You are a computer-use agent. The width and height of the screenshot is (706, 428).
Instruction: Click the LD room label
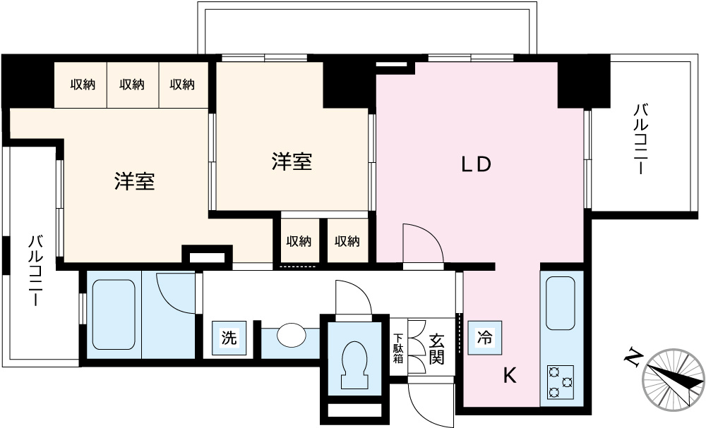tap(476, 164)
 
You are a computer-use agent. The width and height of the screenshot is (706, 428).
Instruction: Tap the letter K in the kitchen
tap(510, 375)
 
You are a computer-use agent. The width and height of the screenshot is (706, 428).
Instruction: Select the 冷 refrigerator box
tap(485, 337)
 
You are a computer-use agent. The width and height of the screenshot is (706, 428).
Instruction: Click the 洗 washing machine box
tap(229, 338)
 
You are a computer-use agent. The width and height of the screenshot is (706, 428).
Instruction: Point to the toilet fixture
tap(354, 365)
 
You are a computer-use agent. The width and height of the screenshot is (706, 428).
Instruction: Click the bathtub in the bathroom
tap(114, 314)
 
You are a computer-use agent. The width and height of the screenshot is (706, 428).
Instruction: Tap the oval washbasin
tap(292, 335)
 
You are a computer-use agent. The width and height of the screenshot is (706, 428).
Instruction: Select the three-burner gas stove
tap(561, 382)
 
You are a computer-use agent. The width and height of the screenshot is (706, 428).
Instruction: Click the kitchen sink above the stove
tap(561, 303)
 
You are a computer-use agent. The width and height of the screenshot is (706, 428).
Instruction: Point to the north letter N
tap(633, 357)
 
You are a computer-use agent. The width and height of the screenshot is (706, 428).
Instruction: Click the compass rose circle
tap(674, 380)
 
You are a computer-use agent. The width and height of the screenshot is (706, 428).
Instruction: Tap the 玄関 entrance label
tap(436, 349)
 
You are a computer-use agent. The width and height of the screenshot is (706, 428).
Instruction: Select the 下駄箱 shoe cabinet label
tap(398, 348)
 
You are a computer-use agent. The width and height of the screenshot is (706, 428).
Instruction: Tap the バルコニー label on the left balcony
tap(35, 270)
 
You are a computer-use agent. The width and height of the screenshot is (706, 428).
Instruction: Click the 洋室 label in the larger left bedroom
tap(134, 181)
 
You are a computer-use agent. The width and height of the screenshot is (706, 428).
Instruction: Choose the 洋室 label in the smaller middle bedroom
tap(292, 161)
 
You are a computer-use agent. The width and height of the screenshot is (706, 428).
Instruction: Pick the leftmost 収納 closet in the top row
tap(83, 85)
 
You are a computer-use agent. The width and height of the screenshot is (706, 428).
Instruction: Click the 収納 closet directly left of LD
tap(347, 241)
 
